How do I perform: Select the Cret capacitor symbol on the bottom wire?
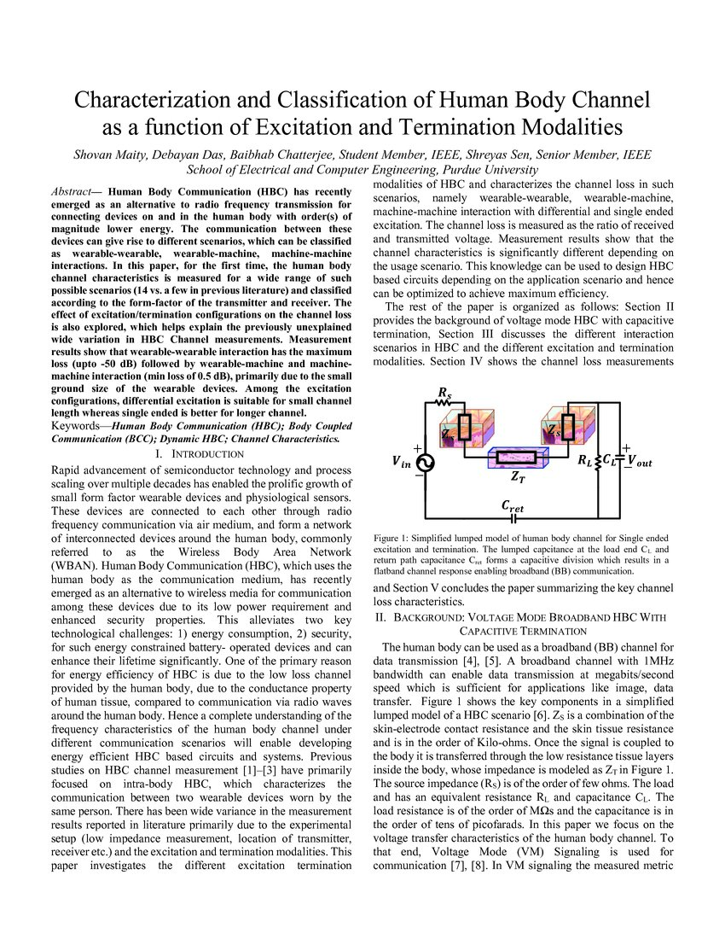[513, 518]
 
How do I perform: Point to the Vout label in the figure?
[638, 462]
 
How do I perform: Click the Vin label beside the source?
[400, 462]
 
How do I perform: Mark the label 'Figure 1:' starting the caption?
[394, 539]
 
